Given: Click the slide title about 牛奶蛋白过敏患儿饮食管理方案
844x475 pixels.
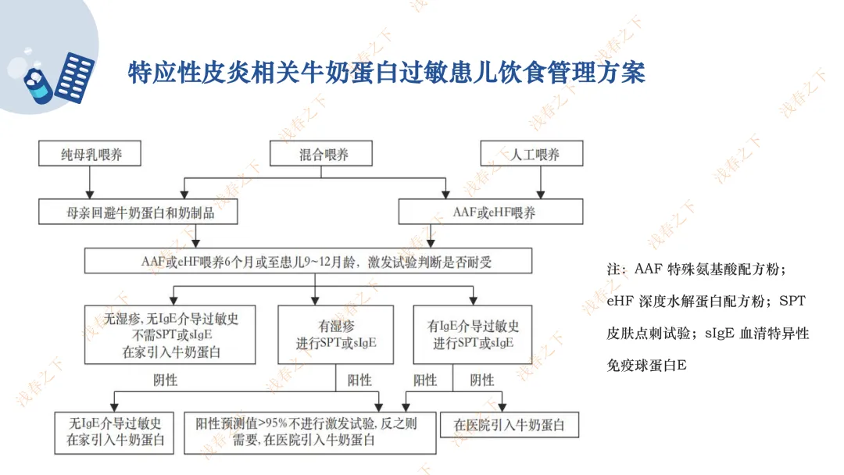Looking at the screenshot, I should coord(386,73).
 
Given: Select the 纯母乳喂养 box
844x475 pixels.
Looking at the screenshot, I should coord(91,154).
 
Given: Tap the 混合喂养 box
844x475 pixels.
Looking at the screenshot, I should coord(324,154).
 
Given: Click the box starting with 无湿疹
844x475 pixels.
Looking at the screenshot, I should coord(170,334).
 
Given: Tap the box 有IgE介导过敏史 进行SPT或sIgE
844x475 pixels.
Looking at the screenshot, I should coord(474,334).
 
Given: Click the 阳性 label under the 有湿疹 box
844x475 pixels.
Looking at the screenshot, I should coord(359,380).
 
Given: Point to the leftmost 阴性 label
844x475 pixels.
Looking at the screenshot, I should coord(165,380).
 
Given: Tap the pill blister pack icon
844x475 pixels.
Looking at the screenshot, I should coord(76,77).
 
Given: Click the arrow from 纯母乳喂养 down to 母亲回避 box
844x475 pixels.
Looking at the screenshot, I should coord(91,182).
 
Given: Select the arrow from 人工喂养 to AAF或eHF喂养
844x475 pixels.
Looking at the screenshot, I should coord(535,182).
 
